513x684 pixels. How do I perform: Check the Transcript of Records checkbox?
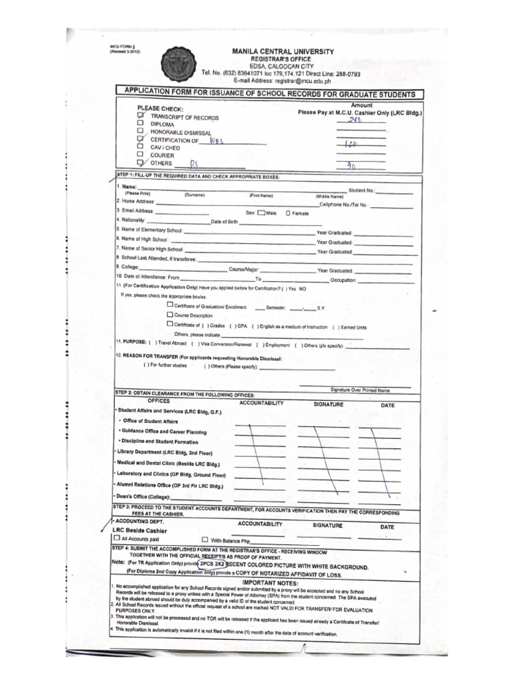coord(140,116)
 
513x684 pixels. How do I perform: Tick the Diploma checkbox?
coord(140,124)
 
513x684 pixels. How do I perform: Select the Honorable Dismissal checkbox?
coord(140,132)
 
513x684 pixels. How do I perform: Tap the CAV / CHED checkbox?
coord(140,147)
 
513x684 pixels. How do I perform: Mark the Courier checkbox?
coord(140,154)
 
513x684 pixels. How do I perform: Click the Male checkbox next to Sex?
coord(261,213)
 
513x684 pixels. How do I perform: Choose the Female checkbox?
coord(288,213)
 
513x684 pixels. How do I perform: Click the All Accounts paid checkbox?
coord(118,538)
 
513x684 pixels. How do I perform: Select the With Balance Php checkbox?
coord(205,538)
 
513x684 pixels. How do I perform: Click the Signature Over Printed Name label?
coord(360,389)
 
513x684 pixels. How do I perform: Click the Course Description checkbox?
coord(170,314)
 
